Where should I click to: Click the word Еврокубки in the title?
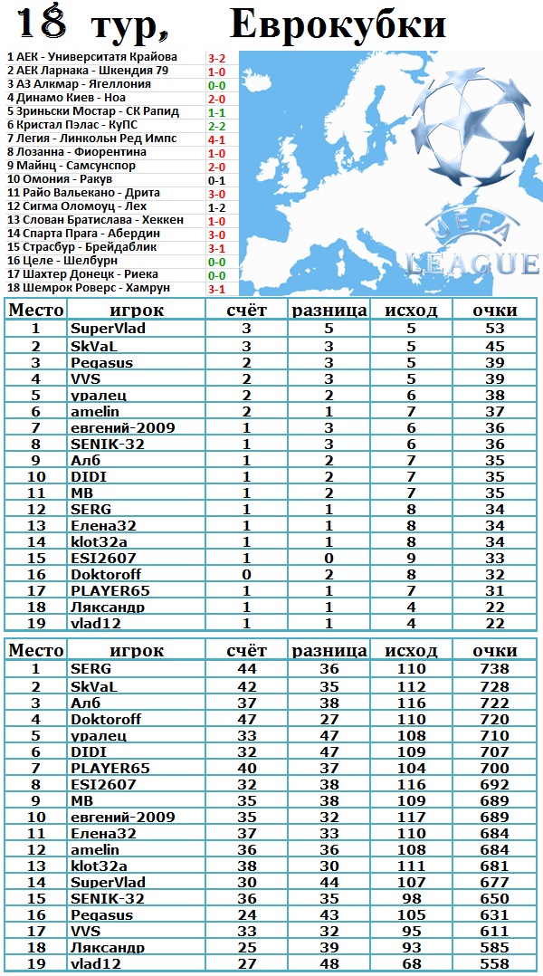click(x=338, y=24)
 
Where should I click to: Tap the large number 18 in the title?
click(x=42, y=24)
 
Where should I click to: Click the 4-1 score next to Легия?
click(x=216, y=139)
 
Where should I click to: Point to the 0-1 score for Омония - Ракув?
click(x=216, y=180)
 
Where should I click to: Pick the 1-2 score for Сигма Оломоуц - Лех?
click(x=216, y=207)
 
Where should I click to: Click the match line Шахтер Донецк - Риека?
click(x=82, y=274)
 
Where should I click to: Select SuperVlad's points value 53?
click(x=494, y=328)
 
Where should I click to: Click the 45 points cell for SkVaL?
click(x=494, y=346)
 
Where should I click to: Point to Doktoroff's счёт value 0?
click(x=246, y=573)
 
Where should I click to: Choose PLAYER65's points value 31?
click(x=494, y=590)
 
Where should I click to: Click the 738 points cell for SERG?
click(x=494, y=668)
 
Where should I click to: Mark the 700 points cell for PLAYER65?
click(x=494, y=768)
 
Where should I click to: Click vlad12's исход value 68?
click(x=411, y=963)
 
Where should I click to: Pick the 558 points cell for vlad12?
click(x=494, y=963)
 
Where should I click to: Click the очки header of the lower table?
click(x=494, y=650)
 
